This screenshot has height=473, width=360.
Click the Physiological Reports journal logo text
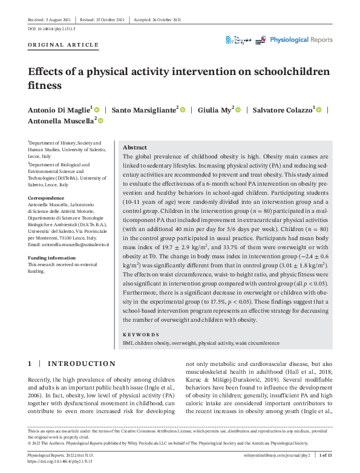point(301,40)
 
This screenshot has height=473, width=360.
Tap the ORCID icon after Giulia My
point(238,109)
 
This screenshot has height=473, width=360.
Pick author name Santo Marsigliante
point(144,109)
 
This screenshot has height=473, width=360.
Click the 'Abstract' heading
point(134,148)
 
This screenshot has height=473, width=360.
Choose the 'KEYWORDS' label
point(141,334)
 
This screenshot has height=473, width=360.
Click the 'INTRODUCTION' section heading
point(81,364)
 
